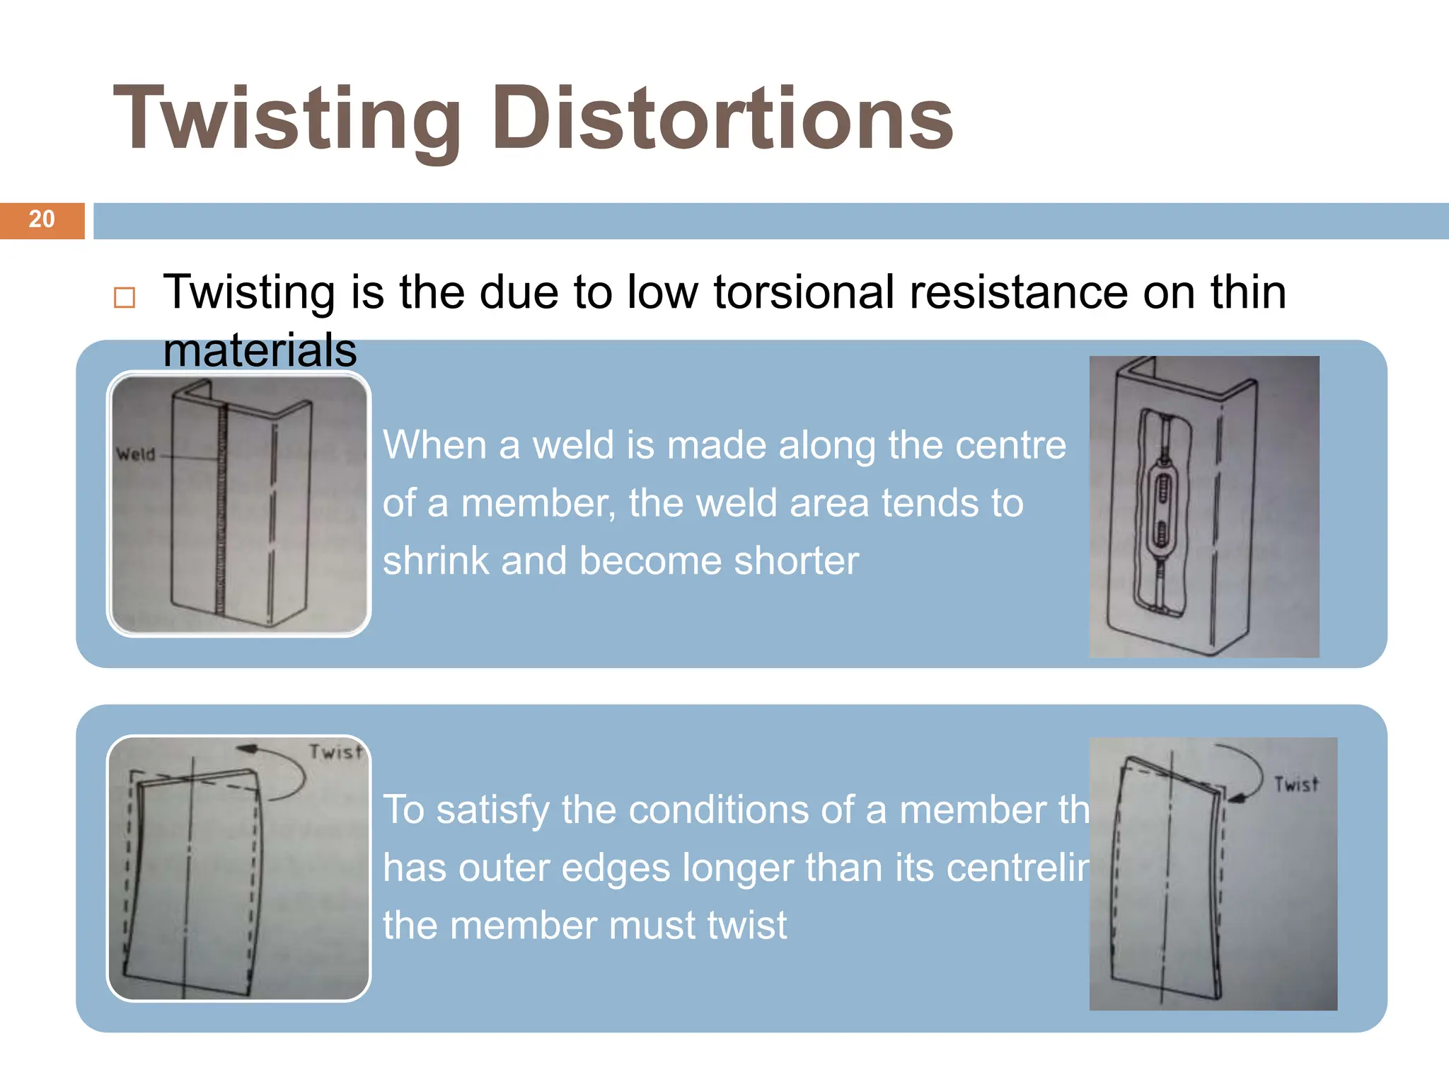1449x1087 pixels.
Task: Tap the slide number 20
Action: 42,219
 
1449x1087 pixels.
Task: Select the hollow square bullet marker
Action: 125,297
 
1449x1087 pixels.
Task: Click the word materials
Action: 260,350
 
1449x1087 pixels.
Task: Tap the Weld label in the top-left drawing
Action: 135,454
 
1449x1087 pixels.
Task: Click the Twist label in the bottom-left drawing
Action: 335,752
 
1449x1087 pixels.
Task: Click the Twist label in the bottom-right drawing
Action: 1296,784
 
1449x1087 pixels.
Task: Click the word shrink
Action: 436,561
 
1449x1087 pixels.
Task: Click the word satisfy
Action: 492,810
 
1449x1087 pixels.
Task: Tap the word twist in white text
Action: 747,926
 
